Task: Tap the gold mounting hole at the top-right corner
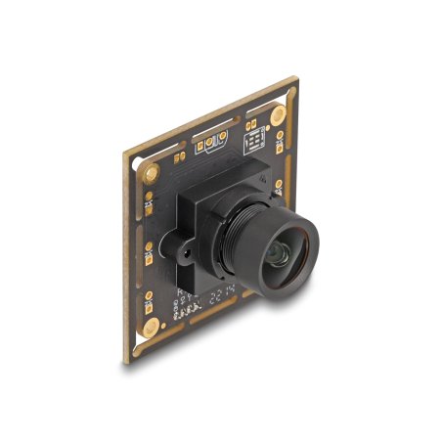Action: pos(279,115)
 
